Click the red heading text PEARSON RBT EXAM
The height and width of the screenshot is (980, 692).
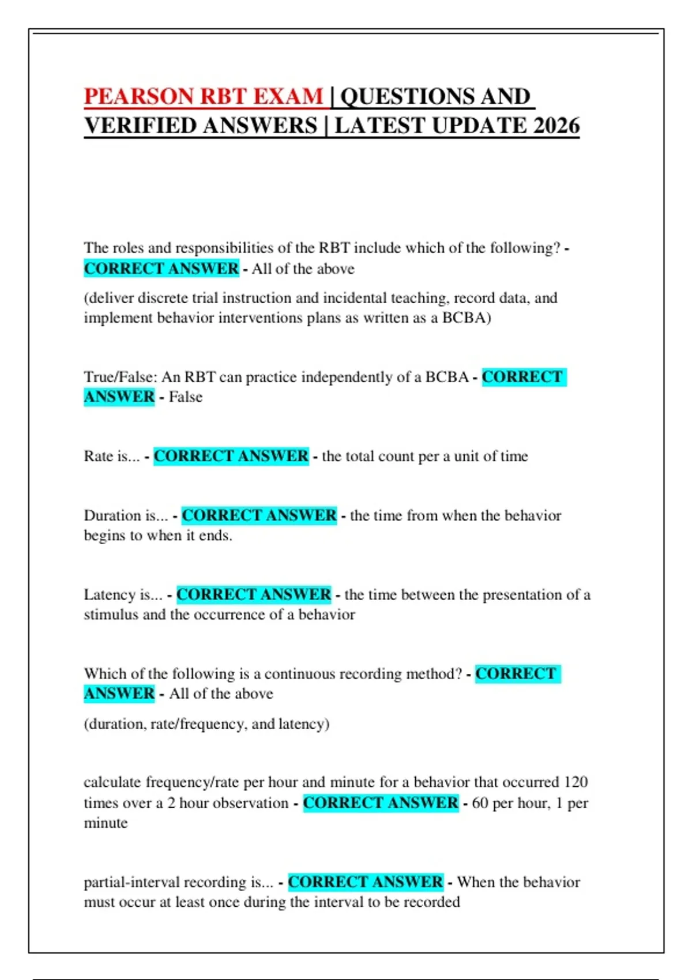(x=204, y=96)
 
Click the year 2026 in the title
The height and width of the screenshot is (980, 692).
(x=556, y=126)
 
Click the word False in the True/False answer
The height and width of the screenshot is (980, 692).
(x=186, y=397)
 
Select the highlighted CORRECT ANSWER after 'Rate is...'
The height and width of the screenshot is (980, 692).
(x=231, y=456)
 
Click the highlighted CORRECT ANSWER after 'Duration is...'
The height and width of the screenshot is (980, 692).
(x=259, y=515)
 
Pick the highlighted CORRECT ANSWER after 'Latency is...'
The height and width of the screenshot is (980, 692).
(x=254, y=594)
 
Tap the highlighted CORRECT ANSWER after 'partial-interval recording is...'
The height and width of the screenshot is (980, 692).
(x=366, y=882)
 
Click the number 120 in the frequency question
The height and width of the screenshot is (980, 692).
(x=576, y=782)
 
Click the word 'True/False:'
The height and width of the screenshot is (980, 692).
(x=120, y=377)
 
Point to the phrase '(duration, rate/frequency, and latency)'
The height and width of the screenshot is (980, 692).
(x=206, y=724)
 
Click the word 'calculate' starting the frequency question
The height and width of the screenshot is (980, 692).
(x=112, y=782)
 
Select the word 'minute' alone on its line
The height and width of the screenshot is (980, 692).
(x=106, y=823)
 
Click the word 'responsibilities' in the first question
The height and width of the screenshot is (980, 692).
(x=224, y=248)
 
